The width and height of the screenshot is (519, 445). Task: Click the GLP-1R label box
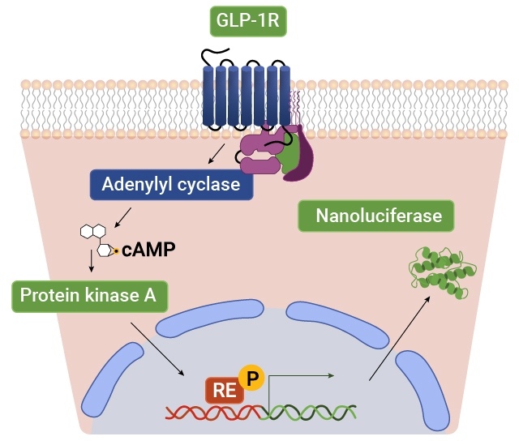[x=248, y=21]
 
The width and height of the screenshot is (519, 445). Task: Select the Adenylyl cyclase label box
[x=171, y=184]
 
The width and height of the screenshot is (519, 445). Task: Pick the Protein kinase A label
[x=88, y=296]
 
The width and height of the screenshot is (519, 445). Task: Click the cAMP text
[x=148, y=250]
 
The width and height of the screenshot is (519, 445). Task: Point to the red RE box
[x=225, y=390]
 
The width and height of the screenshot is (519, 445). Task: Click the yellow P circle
[x=253, y=378]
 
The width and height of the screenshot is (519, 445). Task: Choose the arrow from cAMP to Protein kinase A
[x=91, y=263]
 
